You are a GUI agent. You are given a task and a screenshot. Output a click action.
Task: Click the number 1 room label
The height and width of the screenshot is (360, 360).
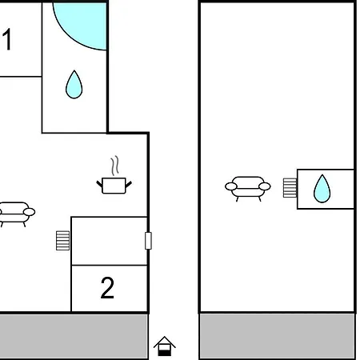point(7,39)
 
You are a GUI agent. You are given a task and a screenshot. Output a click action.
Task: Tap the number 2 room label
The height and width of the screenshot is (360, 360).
point(107,288)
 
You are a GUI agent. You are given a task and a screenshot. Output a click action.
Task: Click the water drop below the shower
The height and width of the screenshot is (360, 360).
point(74,85)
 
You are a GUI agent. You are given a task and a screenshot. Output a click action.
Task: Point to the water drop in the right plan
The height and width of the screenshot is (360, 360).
point(322,189)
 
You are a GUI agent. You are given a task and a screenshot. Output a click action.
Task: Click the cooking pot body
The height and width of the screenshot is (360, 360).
point(114,186)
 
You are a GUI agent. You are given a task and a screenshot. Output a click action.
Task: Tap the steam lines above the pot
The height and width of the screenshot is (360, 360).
point(115,166)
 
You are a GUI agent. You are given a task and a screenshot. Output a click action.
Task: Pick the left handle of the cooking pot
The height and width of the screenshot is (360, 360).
point(99,184)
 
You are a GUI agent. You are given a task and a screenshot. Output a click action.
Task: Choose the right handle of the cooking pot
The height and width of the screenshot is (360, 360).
point(129,184)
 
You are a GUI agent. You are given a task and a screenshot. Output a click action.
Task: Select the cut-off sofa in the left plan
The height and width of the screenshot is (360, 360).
point(17,214)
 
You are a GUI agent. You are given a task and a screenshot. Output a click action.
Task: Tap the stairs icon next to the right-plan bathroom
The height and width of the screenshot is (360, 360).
point(290,188)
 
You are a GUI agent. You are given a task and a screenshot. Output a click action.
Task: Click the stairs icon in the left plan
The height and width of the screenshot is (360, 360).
point(63,241)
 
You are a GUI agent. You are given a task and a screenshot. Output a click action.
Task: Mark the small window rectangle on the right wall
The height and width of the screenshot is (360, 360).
point(149,241)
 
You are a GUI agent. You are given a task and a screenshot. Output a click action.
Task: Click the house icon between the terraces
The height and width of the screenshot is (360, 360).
point(165,346)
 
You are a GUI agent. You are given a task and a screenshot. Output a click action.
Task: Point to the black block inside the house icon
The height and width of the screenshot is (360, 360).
point(165,353)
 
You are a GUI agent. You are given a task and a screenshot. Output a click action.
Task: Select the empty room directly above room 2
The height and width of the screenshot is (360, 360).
point(110,241)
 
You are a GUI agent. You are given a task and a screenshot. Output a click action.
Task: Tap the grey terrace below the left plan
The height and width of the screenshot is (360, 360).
point(74,337)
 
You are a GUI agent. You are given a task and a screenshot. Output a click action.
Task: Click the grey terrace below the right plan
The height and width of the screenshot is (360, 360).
point(278,337)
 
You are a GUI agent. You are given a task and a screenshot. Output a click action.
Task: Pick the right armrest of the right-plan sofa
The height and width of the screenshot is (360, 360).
point(265,186)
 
